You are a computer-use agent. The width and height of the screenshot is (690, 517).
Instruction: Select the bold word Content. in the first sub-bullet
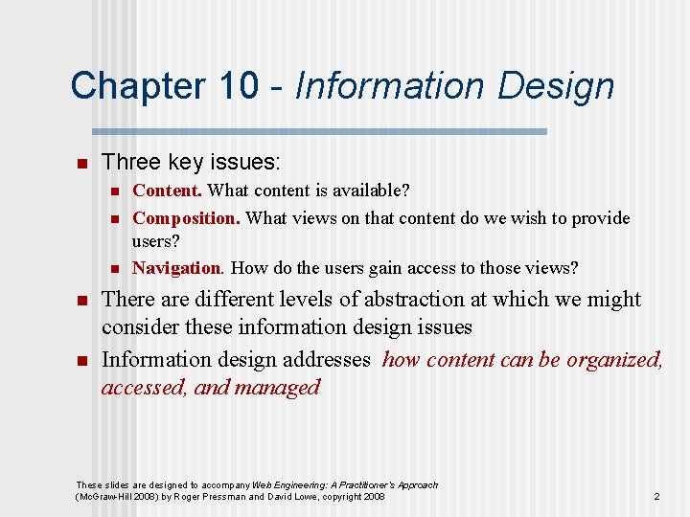[x=167, y=191]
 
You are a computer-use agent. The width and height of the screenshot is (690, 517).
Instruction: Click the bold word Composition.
[x=186, y=218]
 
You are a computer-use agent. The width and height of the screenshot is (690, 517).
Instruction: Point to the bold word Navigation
[x=178, y=268]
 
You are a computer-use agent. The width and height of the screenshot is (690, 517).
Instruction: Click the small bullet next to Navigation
[x=113, y=268]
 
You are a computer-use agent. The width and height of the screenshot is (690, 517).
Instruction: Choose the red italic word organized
[x=613, y=360]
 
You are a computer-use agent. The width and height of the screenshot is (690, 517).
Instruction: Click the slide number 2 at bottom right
[x=656, y=496]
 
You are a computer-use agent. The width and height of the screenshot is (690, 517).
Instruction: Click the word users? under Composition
[x=156, y=241]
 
